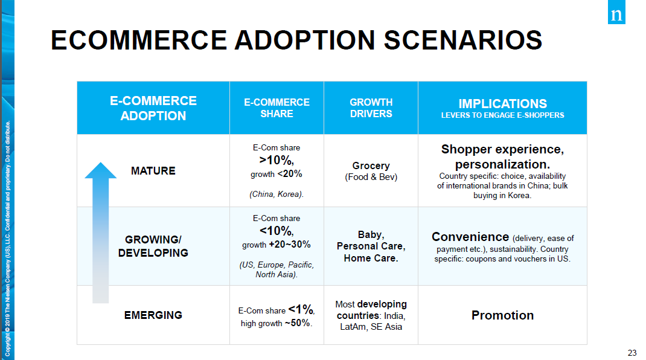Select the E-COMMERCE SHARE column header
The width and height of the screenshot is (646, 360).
tap(277, 108)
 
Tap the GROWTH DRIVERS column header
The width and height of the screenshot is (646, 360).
tap(371, 108)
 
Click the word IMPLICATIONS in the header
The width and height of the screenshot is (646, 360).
tap(502, 103)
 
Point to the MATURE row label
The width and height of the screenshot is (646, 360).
tap(153, 171)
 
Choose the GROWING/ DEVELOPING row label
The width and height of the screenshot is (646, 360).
tap(153, 246)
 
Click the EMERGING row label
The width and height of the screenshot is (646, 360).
tap(153, 315)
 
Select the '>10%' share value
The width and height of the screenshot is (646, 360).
tap(277, 160)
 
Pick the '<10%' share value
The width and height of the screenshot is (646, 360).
tap(277, 231)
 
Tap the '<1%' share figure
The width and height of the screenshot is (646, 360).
tap(301, 310)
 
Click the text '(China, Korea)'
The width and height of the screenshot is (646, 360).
tap(277, 194)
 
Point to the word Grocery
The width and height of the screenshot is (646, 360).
tap(371, 166)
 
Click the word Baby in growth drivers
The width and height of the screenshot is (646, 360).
tap(371, 234)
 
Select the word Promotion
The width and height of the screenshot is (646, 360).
tap(502, 315)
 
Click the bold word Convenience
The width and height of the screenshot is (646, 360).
tap(470, 237)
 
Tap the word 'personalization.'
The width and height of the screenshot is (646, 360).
tap(502, 164)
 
